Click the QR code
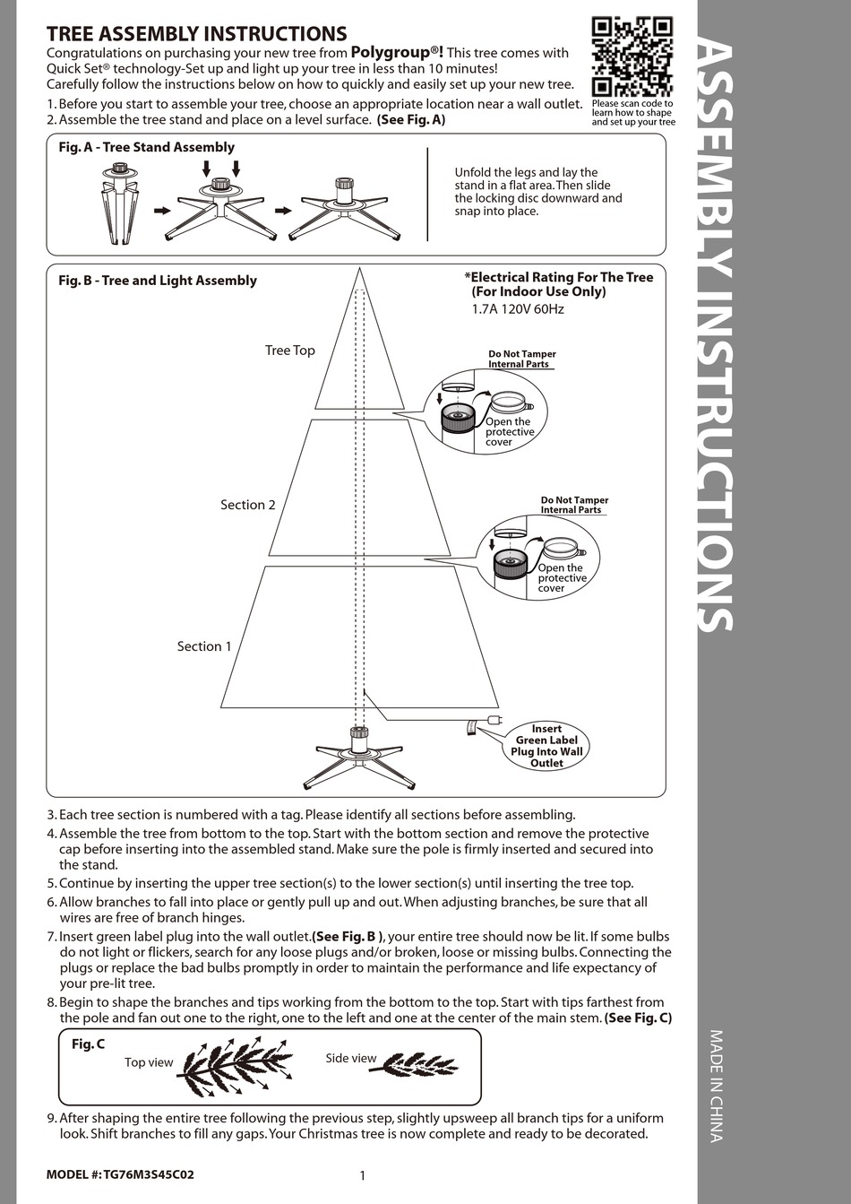pyautogui.click(x=632, y=56)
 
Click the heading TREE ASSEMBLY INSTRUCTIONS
pyautogui.click(x=196, y=34)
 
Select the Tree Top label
pyautogui.click(x=289, y=351)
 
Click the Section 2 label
pyautogui.click(x=248, y=505)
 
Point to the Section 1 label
pyautogui.click(x=204, y=646)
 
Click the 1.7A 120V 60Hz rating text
pyautogui.click(x=518, y=309)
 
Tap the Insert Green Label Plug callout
pyautogui.click(x=546, y=746)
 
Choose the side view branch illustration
pyautogui.click(x=419, y=1064)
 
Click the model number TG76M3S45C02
pyautogui.click(x=148, y=1174)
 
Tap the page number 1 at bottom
pyautogui.click(x=362, y=1176)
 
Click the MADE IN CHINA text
pyautogui.click(x=716, y=1086)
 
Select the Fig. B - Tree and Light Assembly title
pyautogui.click(x=158, y=281)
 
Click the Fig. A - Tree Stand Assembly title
pyautogui.click(x=146, y=147)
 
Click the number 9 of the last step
pyautogui.click(x=51, y=1118)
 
